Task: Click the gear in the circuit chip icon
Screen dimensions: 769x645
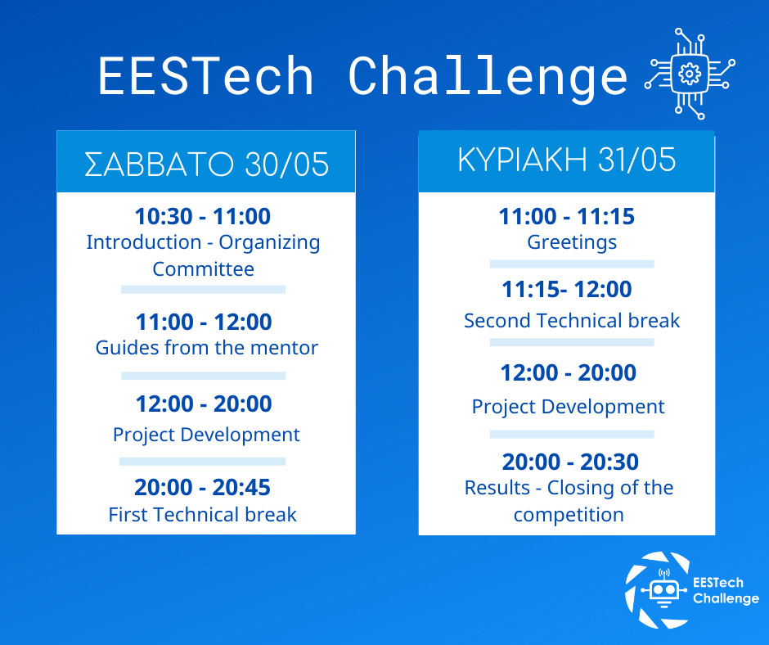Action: [x=689, y=74]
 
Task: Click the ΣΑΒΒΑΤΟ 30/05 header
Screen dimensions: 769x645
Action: [x=206, y=164]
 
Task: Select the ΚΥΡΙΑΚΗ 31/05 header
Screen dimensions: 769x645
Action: [x=566, y=160]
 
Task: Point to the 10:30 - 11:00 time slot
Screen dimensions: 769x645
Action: [x=203, y=216]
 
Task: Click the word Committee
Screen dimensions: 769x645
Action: [x=204, y=269]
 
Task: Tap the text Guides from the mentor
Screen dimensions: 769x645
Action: [x=206, y=348]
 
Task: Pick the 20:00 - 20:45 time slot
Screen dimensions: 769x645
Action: [x=202, y=487]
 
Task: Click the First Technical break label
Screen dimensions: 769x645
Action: [x=203, y=514]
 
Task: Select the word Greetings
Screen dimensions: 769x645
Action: [x=572, y=243]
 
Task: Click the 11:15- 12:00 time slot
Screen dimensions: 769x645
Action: [x=566, y=289]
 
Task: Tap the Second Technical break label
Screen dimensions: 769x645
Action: [x=572, y=321]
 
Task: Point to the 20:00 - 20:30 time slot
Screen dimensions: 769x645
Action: [x=570, y=462]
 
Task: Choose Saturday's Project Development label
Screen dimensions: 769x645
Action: [x=206, y=435]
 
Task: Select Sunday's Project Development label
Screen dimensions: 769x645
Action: [x=568, y=408]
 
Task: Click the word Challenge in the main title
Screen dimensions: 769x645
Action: [x=488, y=78]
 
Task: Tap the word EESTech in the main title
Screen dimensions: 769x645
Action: [x=205, y=75]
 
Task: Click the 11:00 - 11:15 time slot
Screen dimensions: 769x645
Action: [x=566, y=216]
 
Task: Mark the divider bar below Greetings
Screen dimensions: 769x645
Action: [x=572, y=264]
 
